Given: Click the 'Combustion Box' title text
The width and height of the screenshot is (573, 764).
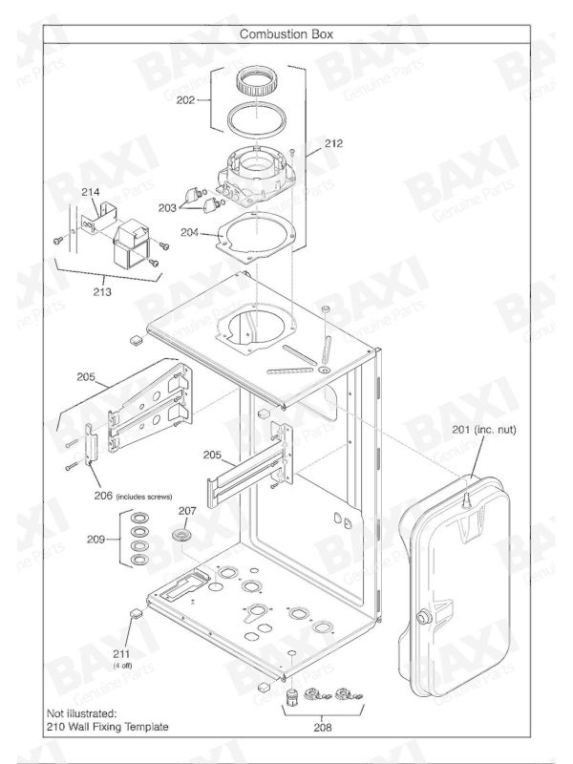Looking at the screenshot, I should click(x=286, y=33).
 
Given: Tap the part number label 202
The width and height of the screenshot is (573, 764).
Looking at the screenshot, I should click(x=187, y=98).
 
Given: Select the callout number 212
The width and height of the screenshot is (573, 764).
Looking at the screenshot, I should click(x=332, y=143).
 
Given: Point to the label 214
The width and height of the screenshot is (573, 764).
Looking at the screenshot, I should click(x=90, y=192).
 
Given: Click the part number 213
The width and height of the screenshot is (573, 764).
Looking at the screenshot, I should click(x=101, y=292).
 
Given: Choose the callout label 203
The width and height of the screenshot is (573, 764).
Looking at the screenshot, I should click(x=167, y=206).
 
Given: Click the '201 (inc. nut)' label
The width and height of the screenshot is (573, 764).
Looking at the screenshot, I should click(x=483, y=431).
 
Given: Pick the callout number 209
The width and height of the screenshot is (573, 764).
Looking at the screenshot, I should click(x=96, y=540).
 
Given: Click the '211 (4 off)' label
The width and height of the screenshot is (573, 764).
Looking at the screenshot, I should click(x=122, y=657).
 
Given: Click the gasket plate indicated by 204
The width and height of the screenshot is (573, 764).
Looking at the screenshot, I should click(x=253, y=238).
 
